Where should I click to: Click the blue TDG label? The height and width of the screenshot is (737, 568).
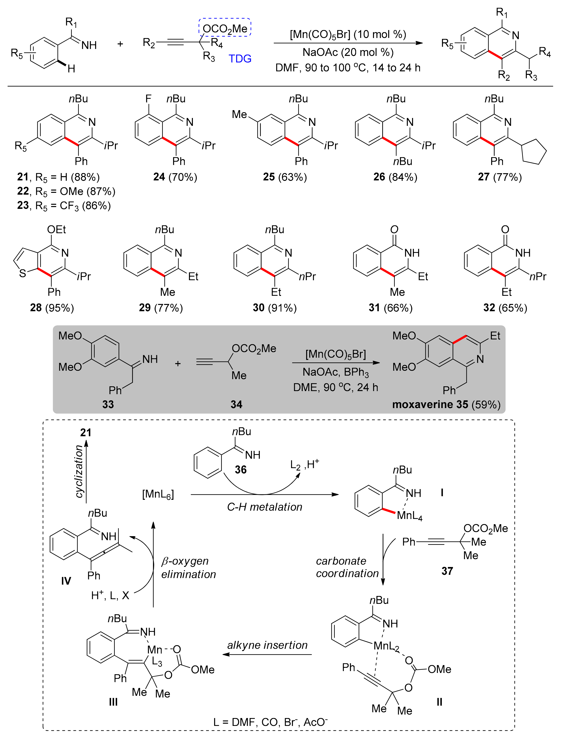[x=240, y=59]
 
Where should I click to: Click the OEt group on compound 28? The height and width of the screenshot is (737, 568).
[x=56, y=230]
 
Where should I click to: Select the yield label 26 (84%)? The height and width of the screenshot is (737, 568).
[x=395, y=177]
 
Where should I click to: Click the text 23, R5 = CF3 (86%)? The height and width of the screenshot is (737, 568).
[x=64, y=206]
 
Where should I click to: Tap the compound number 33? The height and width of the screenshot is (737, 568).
[x=108, y=404]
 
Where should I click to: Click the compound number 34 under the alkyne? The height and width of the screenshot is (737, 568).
[x=236, y=404]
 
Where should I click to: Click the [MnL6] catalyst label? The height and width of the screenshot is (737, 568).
[x=158, y=494]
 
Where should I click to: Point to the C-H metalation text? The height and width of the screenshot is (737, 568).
[x=265, y=507]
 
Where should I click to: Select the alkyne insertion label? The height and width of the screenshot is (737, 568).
[x=267, y=645]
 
